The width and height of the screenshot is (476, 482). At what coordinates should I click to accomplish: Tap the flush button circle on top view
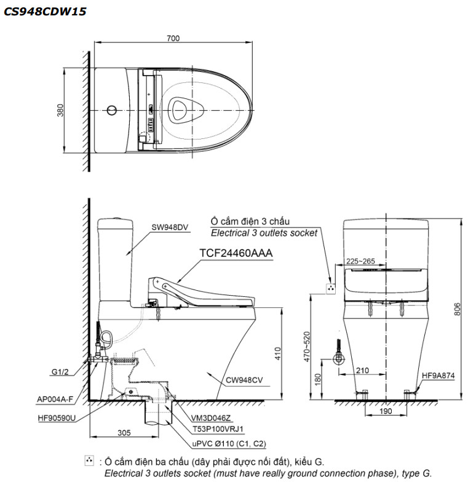tap(112, 111)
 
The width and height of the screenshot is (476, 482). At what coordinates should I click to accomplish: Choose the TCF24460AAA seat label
tap(236, 253)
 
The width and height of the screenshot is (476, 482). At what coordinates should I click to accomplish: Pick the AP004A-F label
tap(55, 400)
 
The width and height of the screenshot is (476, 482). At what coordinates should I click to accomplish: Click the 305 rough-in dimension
tap(125, 433)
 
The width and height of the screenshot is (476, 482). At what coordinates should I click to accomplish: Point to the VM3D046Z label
tap(213, 417)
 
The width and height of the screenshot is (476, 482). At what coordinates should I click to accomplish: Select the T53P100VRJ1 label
tap(218, 429)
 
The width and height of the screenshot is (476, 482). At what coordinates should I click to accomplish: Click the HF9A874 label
tap(438, 374)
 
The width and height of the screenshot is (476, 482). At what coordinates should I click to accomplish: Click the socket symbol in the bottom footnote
tap(89, 460)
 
